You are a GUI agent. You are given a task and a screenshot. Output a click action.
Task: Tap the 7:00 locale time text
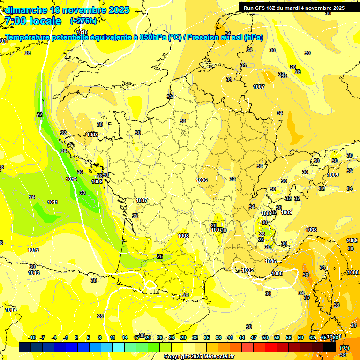coord(33,21)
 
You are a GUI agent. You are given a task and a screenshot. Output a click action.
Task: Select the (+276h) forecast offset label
coord(84,21)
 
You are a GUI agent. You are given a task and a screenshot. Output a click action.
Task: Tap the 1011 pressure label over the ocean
coord(52,202)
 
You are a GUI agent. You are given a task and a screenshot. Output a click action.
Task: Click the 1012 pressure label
coord(33,250)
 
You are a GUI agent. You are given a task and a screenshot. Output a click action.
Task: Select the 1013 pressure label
coord(34,273)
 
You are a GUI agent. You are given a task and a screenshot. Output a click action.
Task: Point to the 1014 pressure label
coord(11,310)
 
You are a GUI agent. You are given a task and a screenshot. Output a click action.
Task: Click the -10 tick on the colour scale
coord(32,337)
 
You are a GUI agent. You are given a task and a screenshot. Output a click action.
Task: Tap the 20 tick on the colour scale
coord(148,337)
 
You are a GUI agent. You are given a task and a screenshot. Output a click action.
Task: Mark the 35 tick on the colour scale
coord(207,337)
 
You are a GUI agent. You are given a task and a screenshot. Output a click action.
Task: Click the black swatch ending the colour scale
coord(330,347)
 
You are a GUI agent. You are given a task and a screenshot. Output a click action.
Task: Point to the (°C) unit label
coord(344,347)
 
